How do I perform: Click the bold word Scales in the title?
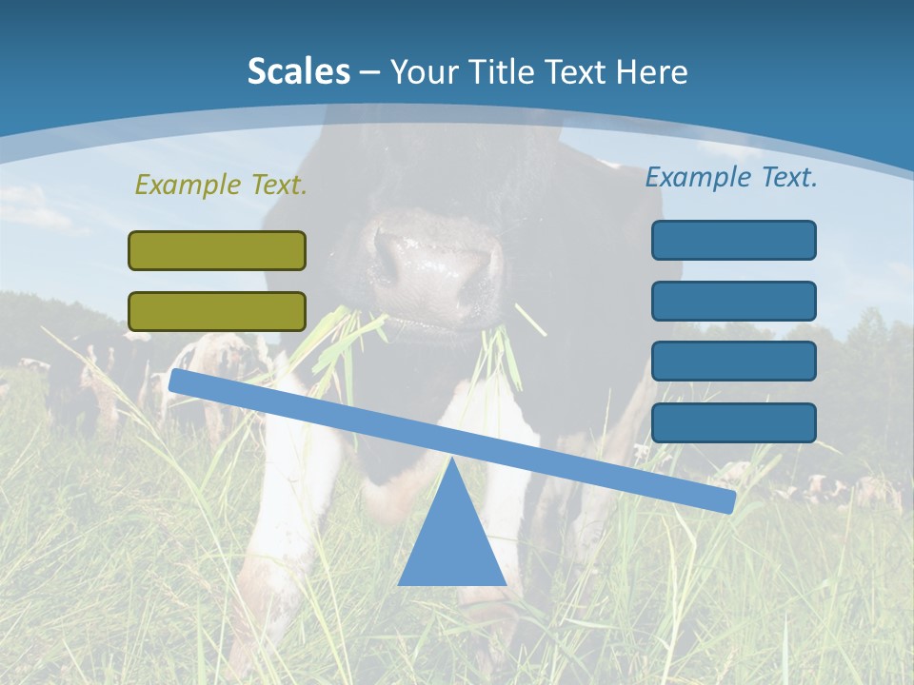(x=298, y=71)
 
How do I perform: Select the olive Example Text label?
(x=221, y=185)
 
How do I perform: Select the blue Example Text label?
(x=731, y=177)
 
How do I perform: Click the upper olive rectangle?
(x=217, y=250)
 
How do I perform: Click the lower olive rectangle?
(x=217, y=311)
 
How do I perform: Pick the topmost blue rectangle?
(x=733, y=240)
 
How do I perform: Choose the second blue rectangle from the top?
(x=733, y=301)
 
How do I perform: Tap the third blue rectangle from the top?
(x=733, y=362)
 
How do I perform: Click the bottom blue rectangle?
(x=733, y=422)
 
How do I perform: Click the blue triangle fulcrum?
(x=451, y=542)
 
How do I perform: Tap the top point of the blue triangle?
(x=451, y=460)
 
